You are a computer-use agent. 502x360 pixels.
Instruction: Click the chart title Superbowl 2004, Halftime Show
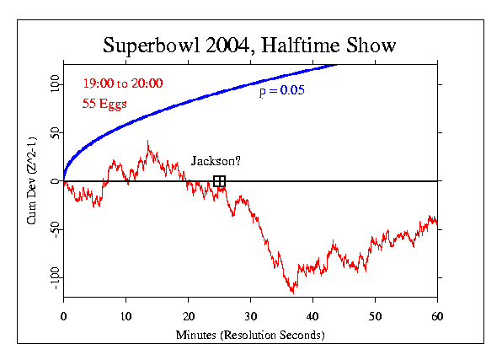click(x=251, y=44)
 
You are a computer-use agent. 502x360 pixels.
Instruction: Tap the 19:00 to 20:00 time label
click(x=122, y=83)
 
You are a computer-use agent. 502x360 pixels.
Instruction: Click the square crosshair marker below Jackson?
click(x=219, y=181)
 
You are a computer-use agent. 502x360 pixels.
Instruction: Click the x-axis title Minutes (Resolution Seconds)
click(x=250, y=334)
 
